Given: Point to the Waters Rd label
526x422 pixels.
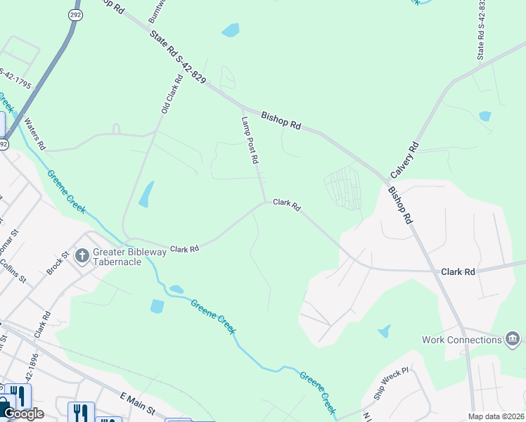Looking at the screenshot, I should tap(34, 134).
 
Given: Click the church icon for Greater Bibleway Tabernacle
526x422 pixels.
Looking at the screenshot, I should tap(82, 255).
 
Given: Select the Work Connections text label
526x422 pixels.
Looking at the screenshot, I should tap(461, 340).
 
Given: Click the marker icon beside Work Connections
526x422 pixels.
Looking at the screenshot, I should tap(513, 340).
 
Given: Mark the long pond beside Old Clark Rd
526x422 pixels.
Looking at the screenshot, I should tap(146, 194).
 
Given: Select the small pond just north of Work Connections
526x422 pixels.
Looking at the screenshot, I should tap(384, 331).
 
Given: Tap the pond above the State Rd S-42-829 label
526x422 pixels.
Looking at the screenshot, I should tap(230, 30).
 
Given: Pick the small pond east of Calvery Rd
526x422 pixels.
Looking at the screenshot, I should tap(485, 116).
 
